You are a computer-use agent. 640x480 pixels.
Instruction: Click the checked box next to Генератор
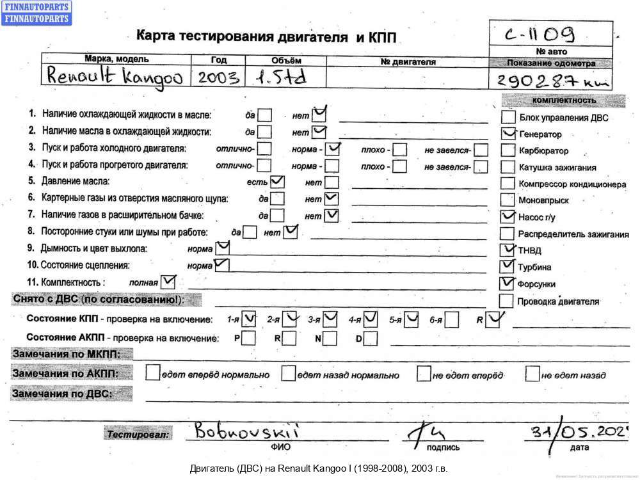[x=508, y=134]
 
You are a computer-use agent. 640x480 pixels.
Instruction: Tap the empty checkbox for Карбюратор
[x=508, y=150]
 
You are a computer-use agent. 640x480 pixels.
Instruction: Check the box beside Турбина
[x=508, y=266]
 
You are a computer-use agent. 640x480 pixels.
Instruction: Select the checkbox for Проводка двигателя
[x=506, y=300]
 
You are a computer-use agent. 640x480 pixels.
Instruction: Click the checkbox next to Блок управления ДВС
[x=508, y=117]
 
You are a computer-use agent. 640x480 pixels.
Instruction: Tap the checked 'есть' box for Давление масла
[x=278, y=182]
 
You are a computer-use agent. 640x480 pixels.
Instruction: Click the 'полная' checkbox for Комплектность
[x=168, y=281]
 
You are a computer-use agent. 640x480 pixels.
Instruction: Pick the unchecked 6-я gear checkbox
[x=452, y=319]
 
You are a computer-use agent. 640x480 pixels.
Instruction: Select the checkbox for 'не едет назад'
[x=532, y=374]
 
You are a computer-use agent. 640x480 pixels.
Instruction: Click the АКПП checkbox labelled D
[x=371, y=337]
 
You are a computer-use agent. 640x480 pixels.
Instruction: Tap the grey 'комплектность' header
[x=564, y=100]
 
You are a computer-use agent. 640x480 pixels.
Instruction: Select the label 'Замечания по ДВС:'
[x=62, y=394]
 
